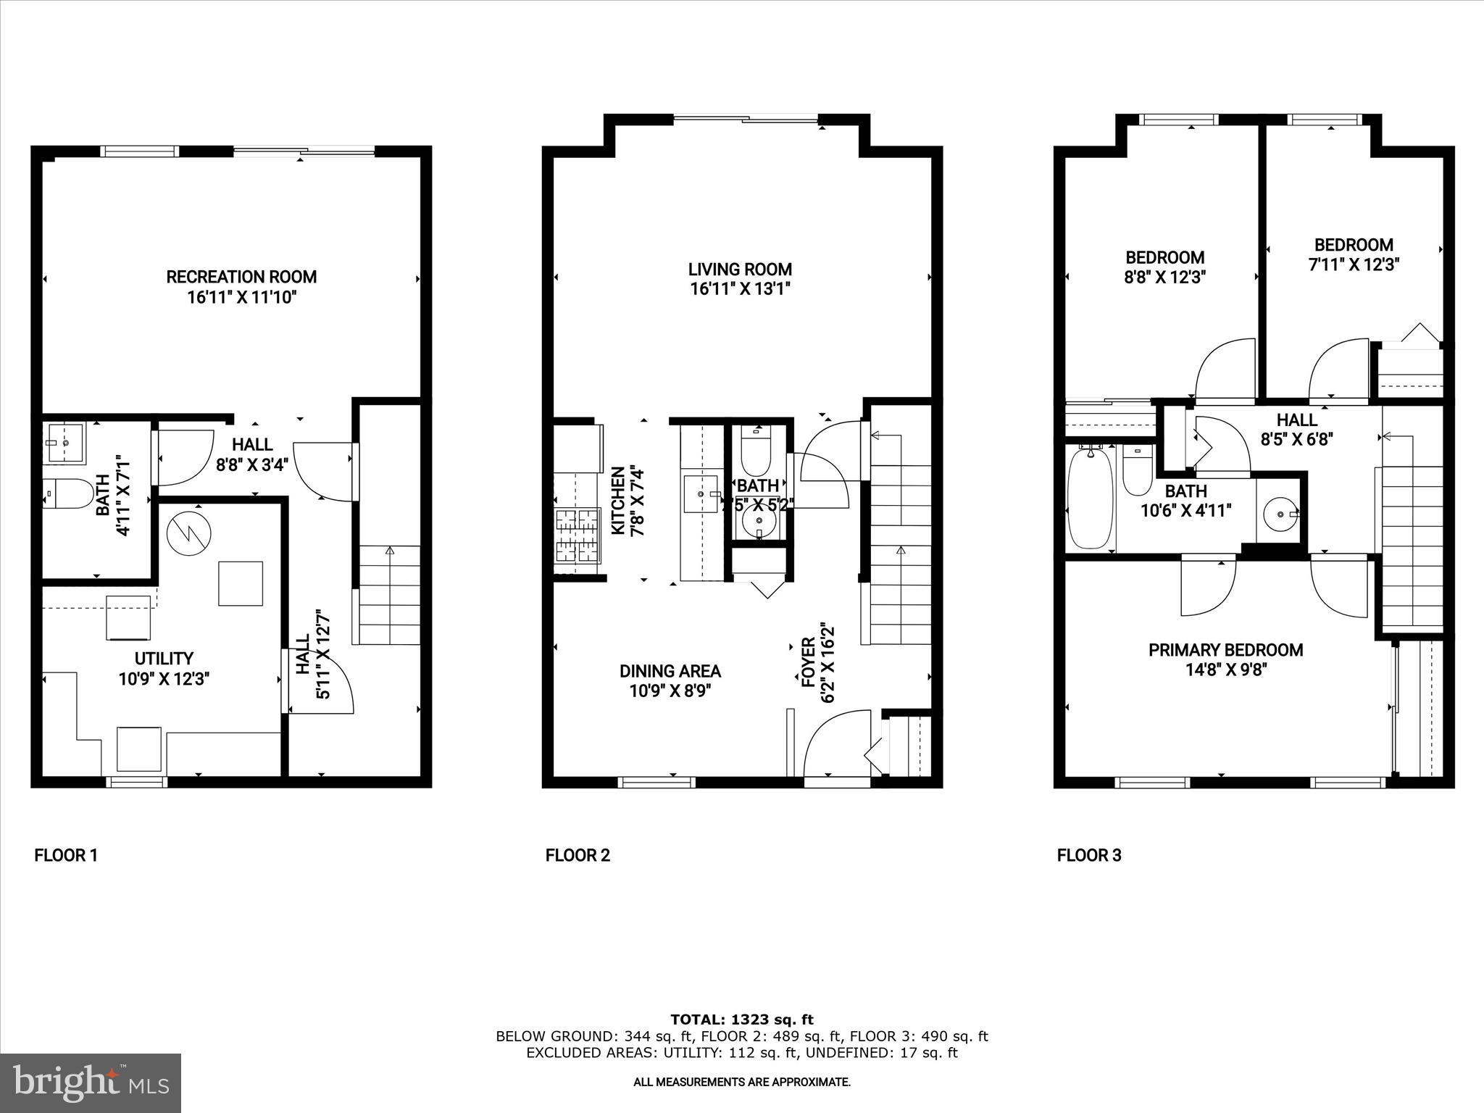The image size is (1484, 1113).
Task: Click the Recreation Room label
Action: pyautogui.click(x=241, y=277)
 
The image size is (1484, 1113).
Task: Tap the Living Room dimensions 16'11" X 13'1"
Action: pyautogui.click(x=740, y=289)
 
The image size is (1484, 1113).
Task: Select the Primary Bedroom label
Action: pyautogui.click(x=1225, y=650)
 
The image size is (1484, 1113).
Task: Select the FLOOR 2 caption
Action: pyautogui.click(x=578, y=855)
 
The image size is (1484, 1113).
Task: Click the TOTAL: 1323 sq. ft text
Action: pyautogui.click(x=741, y=1020)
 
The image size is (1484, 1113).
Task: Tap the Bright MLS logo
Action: pyautogui.click(x=91, y=1083)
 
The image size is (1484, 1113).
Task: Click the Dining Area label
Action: pyautogui.click(x=670, y=671)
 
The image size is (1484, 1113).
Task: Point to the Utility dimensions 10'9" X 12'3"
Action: pyautogui.click(x=164, y=679)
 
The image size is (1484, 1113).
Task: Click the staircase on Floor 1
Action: pyautogui.click(x=387, y=594)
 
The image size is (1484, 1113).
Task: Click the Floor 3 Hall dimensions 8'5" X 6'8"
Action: pyautogui.click(x=1296, y=438)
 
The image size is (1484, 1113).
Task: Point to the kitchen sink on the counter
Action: pyautogui.click(x=701, y=493)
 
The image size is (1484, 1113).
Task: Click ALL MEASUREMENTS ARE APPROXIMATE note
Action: pyautogui.click(x=741, y=1082)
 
